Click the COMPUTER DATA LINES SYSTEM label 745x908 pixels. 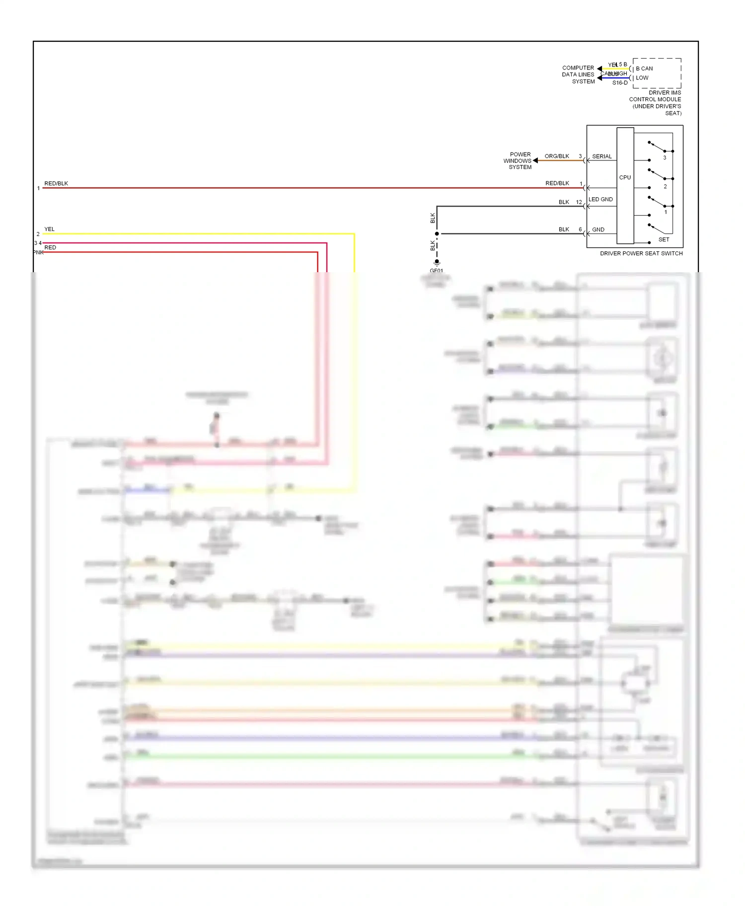pos(578,75)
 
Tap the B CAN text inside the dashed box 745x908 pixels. pos(644,69)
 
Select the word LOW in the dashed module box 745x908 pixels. pos(642,78)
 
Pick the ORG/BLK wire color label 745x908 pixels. pos(557,156)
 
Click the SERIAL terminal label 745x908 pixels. pos(602,156)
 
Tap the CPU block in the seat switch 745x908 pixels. pos(625,177)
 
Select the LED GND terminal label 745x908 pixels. pos(600,200)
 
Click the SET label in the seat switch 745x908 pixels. pos(664,239)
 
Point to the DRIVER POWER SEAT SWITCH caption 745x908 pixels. pos(641,253)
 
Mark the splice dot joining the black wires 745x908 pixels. pos(437,233)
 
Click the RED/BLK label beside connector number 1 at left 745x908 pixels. pos(56,183)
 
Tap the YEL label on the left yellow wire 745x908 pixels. pos(49,229)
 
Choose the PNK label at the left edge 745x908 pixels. pos(38,252)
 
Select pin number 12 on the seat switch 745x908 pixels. pos(579,202)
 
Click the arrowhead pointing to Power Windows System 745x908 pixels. pos(535,160)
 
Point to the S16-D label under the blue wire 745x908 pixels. pos(620,83)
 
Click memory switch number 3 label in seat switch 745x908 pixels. pos(665,158)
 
